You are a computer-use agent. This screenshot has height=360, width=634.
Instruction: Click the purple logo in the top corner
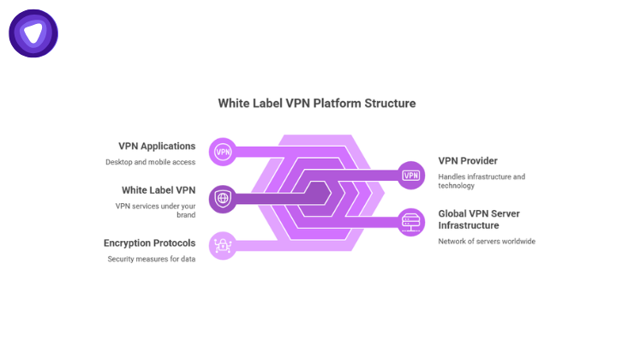coord(33,33)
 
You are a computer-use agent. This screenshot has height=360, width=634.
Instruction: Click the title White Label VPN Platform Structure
coord(317,103)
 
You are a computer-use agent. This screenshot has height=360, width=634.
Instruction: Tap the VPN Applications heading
coord(157,146)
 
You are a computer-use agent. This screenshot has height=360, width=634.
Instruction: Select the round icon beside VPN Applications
coord(223,152)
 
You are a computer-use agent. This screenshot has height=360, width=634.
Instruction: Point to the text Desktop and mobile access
coord(151,161)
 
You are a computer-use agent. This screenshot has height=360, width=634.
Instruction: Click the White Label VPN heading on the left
coord(158,189)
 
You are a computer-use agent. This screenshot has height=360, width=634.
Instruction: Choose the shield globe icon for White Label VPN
coord(223,199)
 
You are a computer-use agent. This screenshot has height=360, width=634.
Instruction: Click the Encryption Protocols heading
coord(150,243)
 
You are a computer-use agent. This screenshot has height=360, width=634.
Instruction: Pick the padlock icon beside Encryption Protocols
coord(223,246)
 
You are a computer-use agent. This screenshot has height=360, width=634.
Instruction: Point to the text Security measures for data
coord(152,258)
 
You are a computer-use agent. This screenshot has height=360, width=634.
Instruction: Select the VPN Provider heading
coord(468,160)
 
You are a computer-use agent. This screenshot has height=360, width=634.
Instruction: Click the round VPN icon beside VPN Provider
coord(411,175)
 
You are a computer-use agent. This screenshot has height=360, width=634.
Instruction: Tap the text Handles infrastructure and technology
coord(481,181)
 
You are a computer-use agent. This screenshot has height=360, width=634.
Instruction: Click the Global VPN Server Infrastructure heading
coord(479,219)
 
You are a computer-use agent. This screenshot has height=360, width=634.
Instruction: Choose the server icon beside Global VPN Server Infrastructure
coord(411,222)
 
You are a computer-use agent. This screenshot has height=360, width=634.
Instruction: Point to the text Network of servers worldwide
coord(487,242)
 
